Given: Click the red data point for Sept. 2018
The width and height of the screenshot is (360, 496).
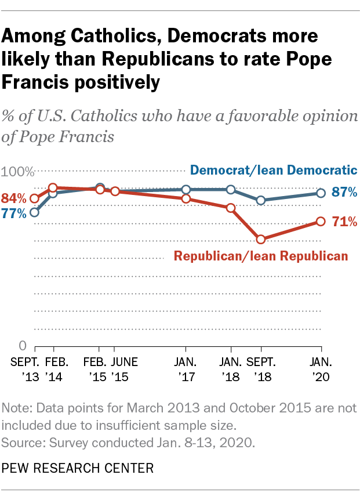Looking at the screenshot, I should pyautogui.click(x=261, y=239).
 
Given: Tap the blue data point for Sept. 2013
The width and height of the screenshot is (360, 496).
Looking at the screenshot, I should pyautogui.click(x=34, y=212).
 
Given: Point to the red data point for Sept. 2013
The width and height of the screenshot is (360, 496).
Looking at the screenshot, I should pyautogui.click(x=34, y=198).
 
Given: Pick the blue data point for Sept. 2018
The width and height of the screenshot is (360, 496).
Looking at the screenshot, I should pyautogui.click(x=261, y=200).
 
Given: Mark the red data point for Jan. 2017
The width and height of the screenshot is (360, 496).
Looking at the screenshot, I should pyautogui.click(x=186, y=199).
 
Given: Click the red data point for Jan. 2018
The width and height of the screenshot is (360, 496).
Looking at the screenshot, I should pyautogui.click(x=231, y=208).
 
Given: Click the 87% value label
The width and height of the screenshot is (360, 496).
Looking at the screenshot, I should pyautogui.click(x=344, y=193).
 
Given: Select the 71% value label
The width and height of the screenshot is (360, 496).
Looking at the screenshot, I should pyautogui.click(x=344, y=221).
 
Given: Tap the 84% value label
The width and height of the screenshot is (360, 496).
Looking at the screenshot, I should pyautogui.click(x=13, y=198).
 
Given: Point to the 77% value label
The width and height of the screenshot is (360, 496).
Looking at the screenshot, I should pyautogui.click(x=13, y=213).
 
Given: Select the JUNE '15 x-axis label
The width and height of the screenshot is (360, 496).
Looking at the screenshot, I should pyautogui.click(x=124, y=369).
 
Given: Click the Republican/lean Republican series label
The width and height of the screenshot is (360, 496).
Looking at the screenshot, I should pyautogui.click(x=261, y=256).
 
